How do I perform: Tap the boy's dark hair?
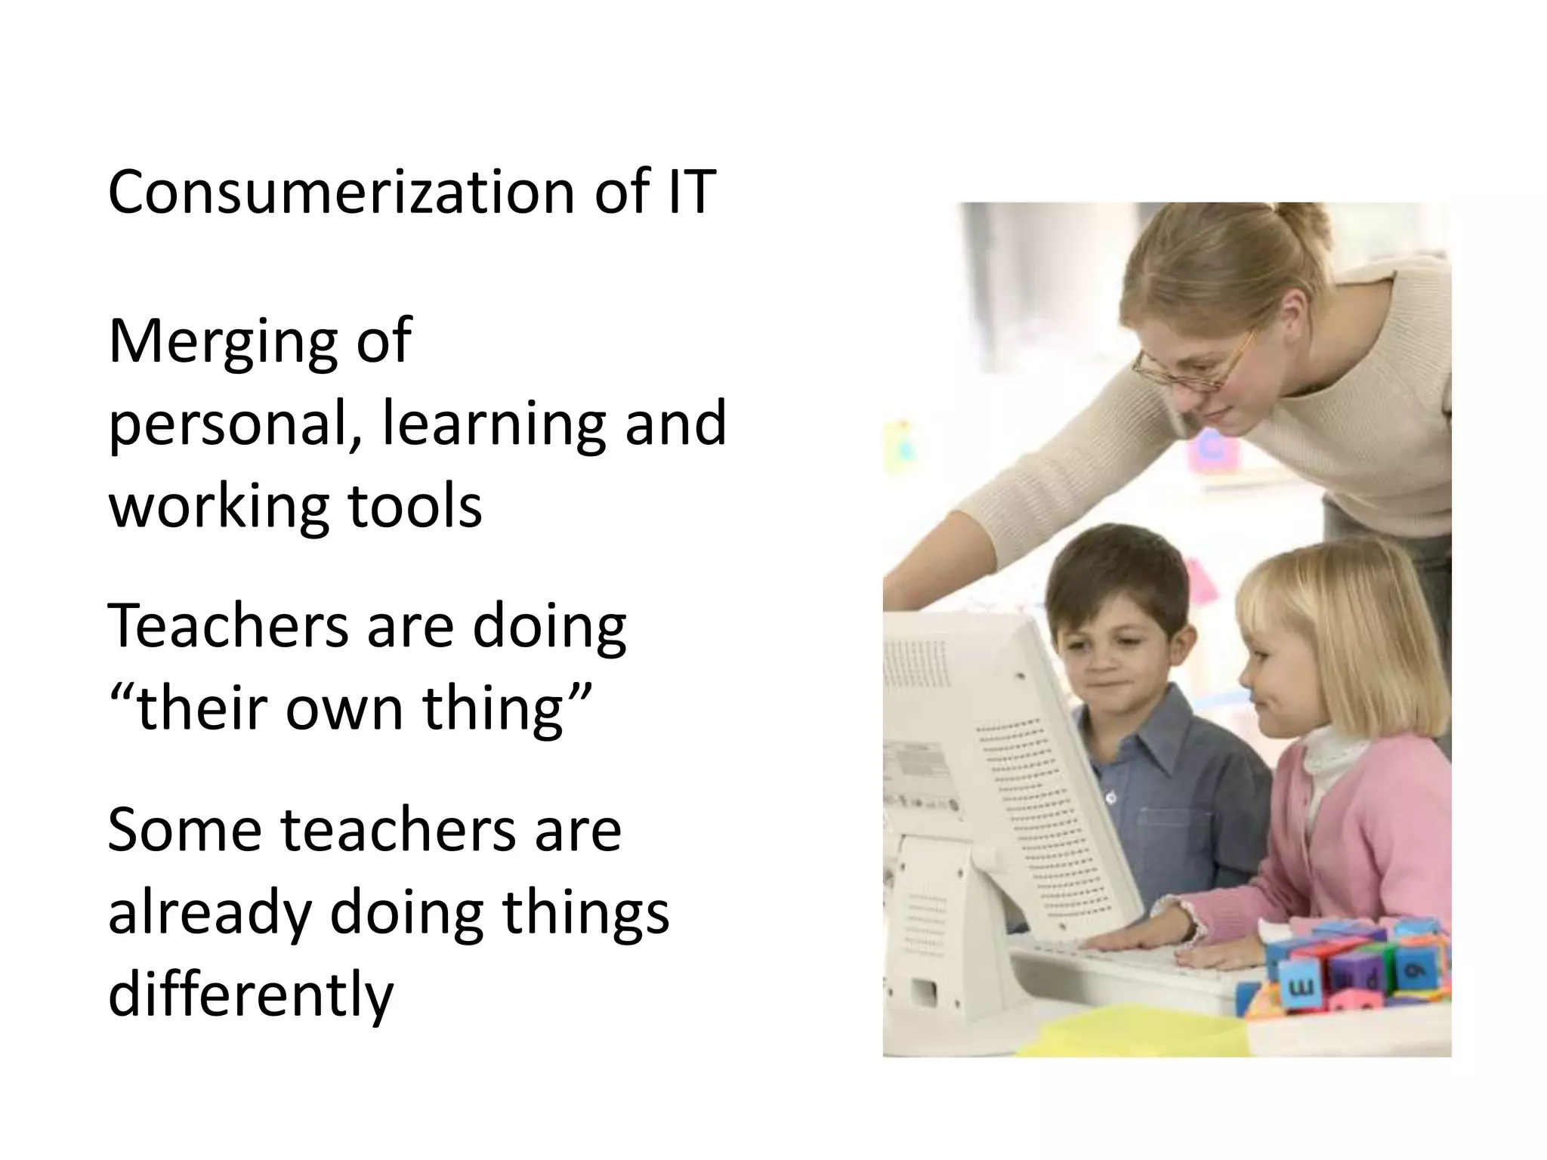click(x=1110, y=574)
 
